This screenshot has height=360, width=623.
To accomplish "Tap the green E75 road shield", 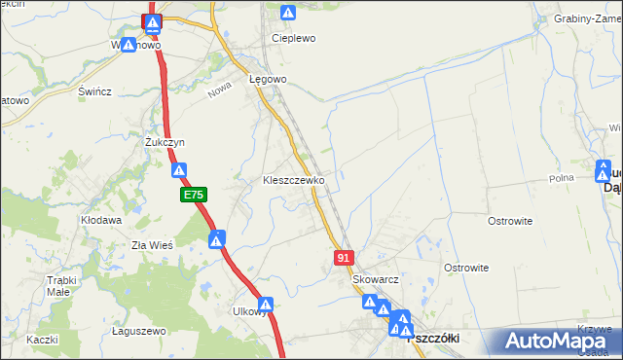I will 193,196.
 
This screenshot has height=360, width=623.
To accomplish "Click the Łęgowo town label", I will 268,79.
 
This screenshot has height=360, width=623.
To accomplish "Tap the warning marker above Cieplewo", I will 288,13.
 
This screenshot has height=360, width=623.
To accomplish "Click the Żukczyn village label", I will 165,142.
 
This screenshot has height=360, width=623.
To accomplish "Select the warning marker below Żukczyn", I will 180,171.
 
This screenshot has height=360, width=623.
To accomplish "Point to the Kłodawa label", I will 100,221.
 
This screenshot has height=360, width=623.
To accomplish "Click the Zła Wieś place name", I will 152,245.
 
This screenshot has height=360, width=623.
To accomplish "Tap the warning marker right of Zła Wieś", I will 217,238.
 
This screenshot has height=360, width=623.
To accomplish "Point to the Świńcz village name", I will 95,91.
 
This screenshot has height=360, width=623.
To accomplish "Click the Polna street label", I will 562,179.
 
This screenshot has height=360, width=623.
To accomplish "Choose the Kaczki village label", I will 42,340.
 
